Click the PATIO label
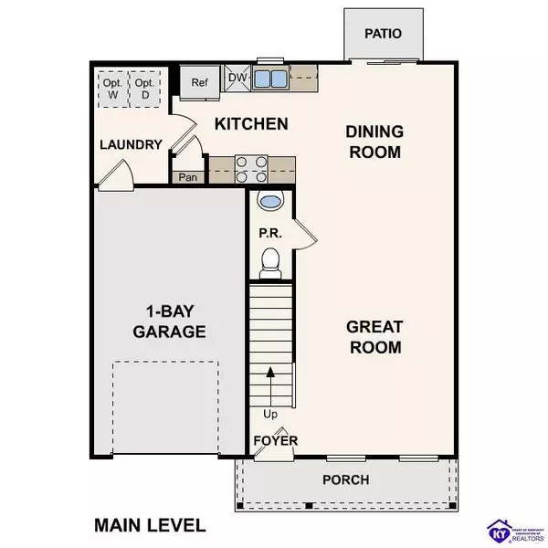click(383, 34)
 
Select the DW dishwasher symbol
click(237, 79)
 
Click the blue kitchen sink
click(269, 78)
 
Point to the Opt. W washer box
click(111, 85)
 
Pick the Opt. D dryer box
click(144, 85)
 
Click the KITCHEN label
click(251, 123)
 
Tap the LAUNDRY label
click(131, 144)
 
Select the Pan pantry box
click(189, 177)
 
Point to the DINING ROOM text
click(374, 142)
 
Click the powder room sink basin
click(270, 201)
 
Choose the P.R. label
click(269, 233)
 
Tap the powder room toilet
click(269, 264)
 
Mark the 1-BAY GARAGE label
click(168, 321)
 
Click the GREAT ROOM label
click(374, 336)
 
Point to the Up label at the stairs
click(269, 413)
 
